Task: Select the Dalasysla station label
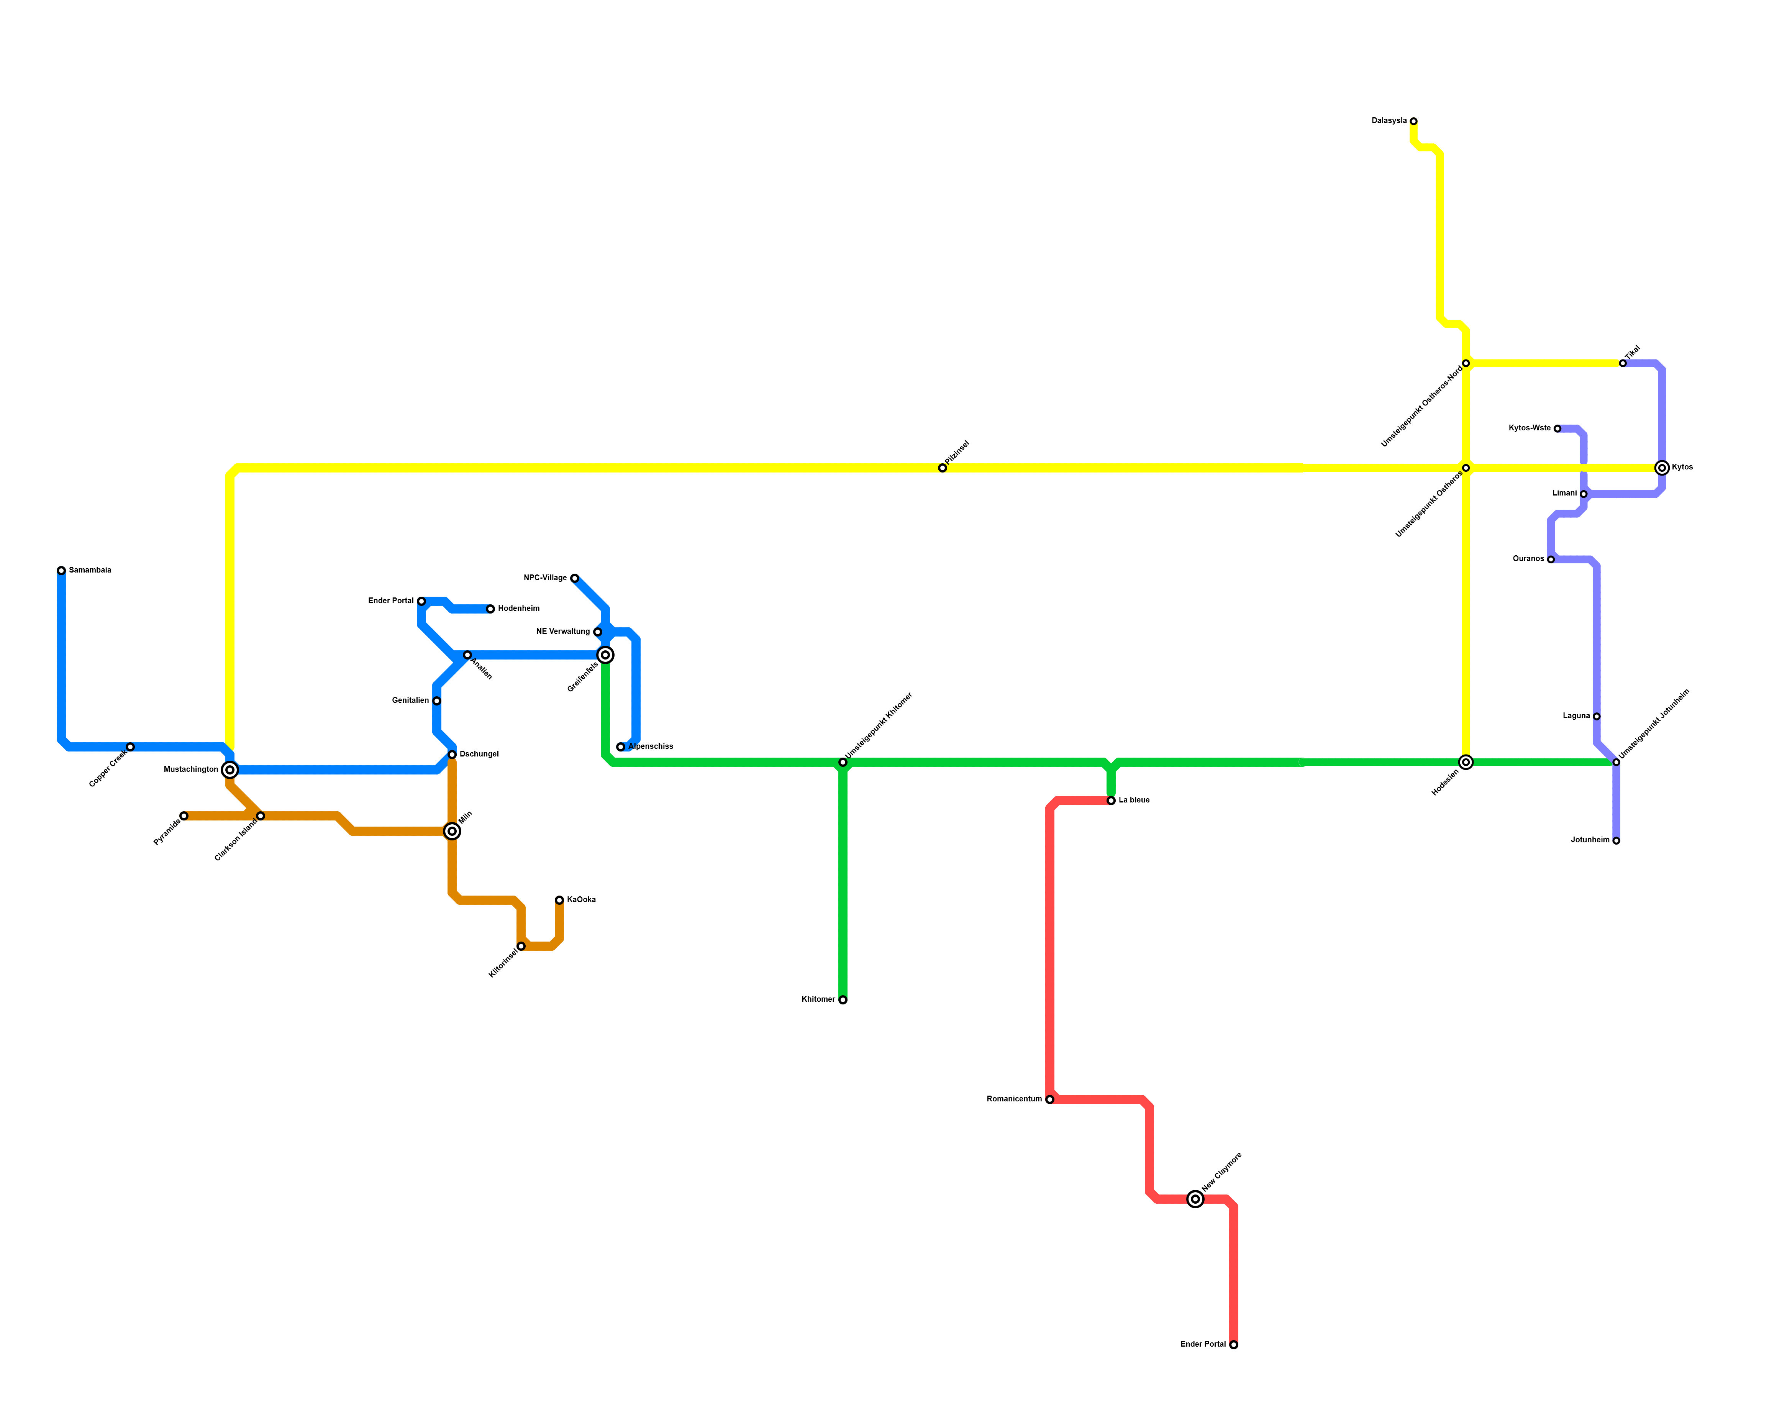click(1388, 121)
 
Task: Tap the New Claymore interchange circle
click(1194, 1199)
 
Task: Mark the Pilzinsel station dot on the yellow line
click(943, 468)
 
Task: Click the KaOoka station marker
click(559, 900)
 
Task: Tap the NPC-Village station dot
click(574, 579)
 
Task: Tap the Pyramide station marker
click(184, 817)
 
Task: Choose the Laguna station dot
click(1596, 716)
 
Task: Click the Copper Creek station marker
click(130, 747)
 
